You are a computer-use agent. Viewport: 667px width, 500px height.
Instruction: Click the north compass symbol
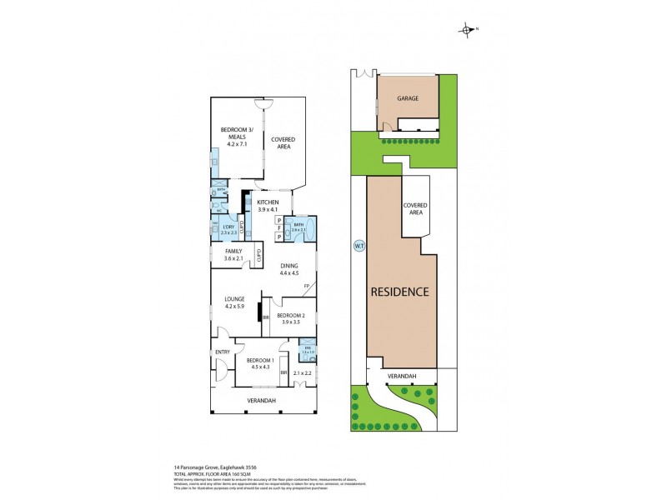click(467, 31)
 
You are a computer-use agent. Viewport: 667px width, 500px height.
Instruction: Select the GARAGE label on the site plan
click(407, 97)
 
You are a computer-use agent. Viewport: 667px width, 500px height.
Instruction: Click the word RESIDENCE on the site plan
click(401, 292)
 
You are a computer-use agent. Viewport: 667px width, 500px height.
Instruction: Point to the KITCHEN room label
click(268, 202)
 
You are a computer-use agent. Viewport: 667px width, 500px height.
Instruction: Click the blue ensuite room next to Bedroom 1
click(308, 351)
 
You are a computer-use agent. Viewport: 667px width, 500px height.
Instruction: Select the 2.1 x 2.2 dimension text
click(302, 373)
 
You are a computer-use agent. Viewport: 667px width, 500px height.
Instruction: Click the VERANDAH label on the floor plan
click(262, 401)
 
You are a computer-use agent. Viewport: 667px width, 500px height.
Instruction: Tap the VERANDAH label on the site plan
click(401, 377)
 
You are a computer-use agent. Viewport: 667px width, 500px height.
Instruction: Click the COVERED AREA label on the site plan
click(414, 208)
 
